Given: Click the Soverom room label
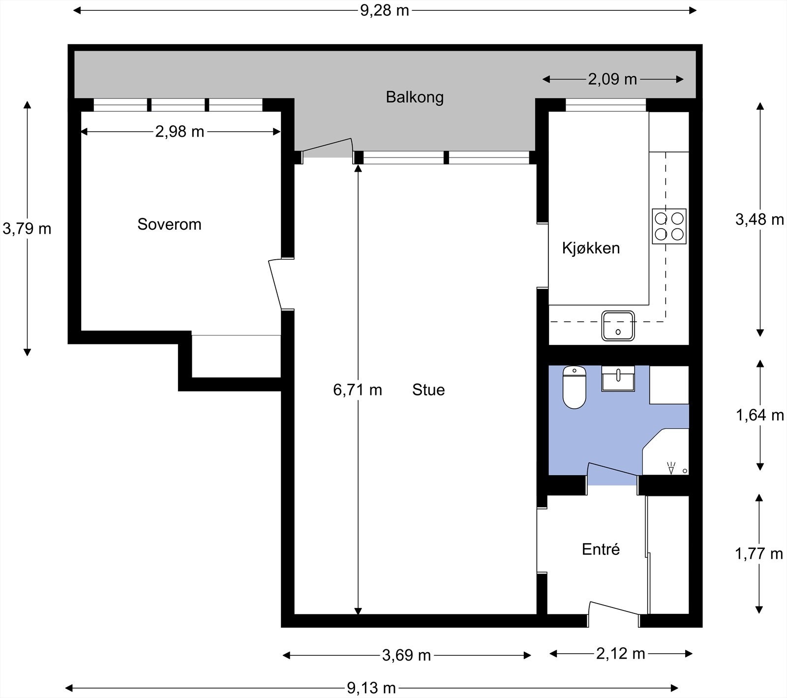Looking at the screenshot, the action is pyautogui.click(x=169, y=224).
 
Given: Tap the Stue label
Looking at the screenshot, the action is pyautogui.click(x=428, y=390).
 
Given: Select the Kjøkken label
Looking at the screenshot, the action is pyautogui.click(x=591, y=248).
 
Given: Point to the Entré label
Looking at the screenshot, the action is pyautogui.click(x=601, y=549).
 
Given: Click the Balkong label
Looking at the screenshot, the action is pyautogui.click(x=415, y=97).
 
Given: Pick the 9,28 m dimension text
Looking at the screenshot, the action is pyautogui.click(x=385, y=10).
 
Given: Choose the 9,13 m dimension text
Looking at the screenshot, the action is pyautogui.click(x=371, y=688).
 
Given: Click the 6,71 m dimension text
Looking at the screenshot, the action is pyautogui.click(x=358, y=390).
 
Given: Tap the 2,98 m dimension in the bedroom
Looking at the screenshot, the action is pyautogui.click(x=180, y=131).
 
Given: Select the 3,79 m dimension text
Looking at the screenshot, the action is pyautogui.click(x=27, y=228).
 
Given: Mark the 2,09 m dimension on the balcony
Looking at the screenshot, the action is pyautogui.click(x=612, y=79).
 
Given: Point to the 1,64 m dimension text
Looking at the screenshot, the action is pyautogui.click(x=760, y=415).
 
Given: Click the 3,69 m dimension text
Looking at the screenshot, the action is pyautogui.click(x=406, y=655).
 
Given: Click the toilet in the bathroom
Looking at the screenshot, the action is pyautogui.click(x=574, y=387).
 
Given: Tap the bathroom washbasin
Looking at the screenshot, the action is pyautogui.click(x=618, y=378).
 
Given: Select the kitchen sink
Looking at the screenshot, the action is pyautogui.click(x=618, y=326).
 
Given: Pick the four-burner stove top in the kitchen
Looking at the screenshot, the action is pyautogui.click(x=669, y=226).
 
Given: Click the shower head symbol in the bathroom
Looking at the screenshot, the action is pyautogui.click(x=671, y=467).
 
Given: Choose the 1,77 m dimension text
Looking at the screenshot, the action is pyautogui.click(x=759, y=554).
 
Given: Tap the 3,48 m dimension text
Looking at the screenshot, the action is pyautogui.click(x=760, y=219).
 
